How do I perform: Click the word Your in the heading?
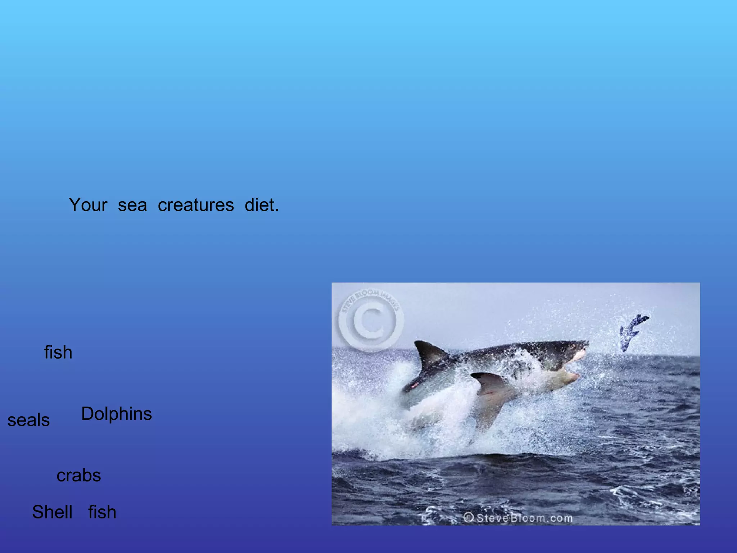[88, 205]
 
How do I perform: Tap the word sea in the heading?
[132, 205]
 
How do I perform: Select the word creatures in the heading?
[196, 205]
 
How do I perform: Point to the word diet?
[262, 205]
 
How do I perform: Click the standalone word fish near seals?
[58, 352]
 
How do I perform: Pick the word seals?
[28, 420]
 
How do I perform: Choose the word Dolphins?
[116, 414]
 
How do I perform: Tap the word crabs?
[78, 475]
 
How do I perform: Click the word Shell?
[52, 512]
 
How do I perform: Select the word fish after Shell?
[102, 512]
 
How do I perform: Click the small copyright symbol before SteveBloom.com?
[468, 518]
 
